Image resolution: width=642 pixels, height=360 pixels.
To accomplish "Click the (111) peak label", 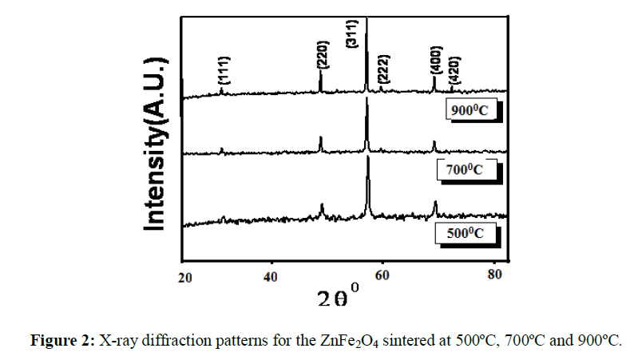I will pyautogui.click(x=225, y=71).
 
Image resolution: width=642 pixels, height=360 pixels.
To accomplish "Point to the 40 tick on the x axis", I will pyautogui.click(x=271, y=277).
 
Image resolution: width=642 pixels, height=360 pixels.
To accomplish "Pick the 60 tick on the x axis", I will pyautogui.click(x=382, y=277).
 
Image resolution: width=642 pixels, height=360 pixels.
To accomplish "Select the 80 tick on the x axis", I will pyautogui.click(x=493, y=277).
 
